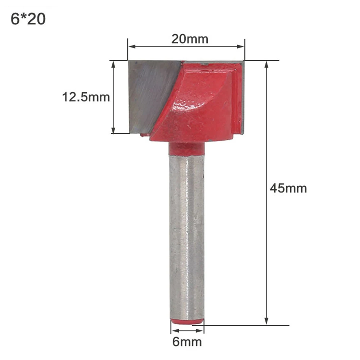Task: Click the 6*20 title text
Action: pyautogui.click(x=28, y=19)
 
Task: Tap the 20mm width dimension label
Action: pyautogui.click(x=190, y=39)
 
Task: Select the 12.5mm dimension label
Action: pyautogui.click(x=86, y=97)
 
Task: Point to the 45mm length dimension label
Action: pyautogui.click(x=288, y=188)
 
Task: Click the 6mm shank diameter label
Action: pyautogui.click(x=187, y=342)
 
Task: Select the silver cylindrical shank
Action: pyautogui.click(x=186, y=237)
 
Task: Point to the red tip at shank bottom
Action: pyautogui.click(x=187, y=321)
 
